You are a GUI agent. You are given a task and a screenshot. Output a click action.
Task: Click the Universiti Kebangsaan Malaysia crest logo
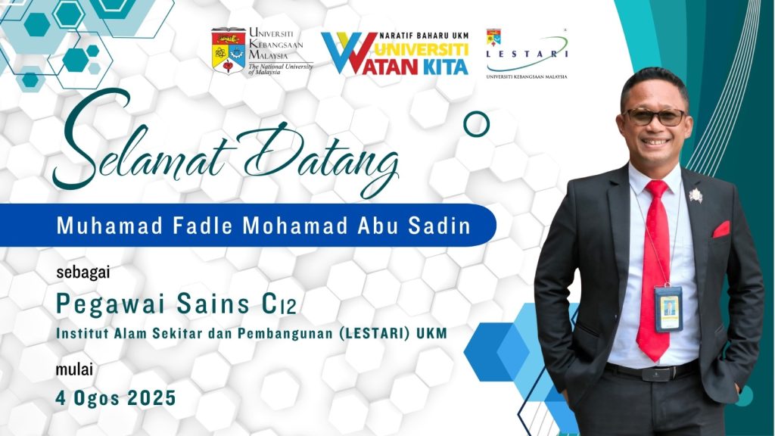click(229, 51)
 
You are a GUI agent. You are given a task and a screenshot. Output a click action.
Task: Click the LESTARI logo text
click(527, 54)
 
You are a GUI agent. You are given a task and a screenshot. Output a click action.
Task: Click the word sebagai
click(83, 272)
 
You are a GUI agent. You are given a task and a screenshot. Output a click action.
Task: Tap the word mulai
click(74, 369)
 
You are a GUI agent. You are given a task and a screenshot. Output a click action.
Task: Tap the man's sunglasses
click(655, 117)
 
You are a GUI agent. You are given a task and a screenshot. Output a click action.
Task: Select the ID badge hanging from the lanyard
click(668, 309)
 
